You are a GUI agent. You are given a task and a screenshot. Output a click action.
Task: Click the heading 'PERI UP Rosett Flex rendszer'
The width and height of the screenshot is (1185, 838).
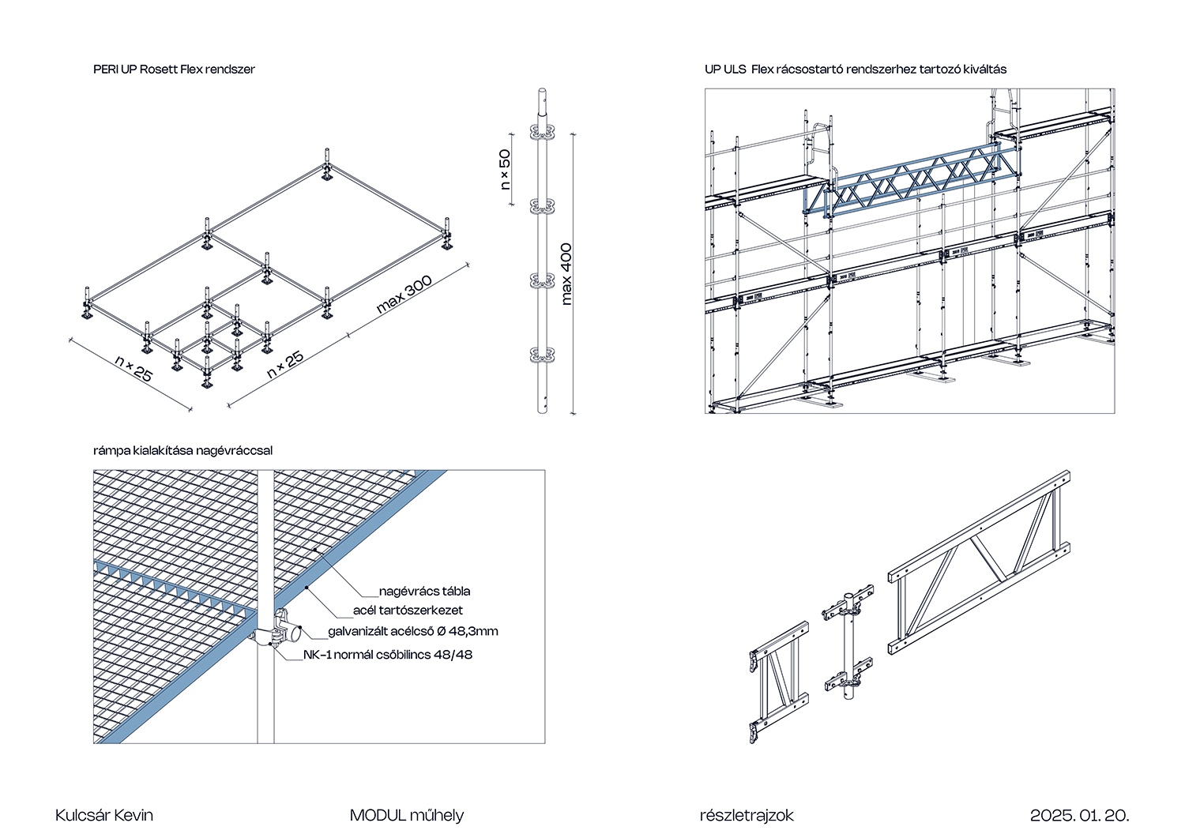click(x=174, y=70)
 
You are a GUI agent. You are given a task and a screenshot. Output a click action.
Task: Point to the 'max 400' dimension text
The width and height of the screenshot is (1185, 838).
click(x=566, y=274)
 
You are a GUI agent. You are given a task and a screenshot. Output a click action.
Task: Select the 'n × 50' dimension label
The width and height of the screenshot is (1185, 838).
click(x=505, y=169)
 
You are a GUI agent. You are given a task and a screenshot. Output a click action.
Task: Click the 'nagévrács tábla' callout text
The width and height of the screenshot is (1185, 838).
click(x=424, y=591)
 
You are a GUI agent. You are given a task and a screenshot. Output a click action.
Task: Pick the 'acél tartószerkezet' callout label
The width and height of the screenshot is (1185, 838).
click(x=408, y=611)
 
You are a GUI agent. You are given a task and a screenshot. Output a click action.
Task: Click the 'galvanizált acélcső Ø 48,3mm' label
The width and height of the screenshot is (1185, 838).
click(x=413, y=631)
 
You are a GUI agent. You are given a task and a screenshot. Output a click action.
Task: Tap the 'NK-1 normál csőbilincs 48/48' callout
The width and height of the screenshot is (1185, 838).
click(x=388, y=655)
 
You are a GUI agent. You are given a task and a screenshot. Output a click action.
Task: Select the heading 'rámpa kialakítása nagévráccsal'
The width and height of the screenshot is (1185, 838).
click(x=182, y=451)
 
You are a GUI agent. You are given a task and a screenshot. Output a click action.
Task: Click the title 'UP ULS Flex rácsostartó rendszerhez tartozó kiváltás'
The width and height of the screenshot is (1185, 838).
click(x=856, y=70)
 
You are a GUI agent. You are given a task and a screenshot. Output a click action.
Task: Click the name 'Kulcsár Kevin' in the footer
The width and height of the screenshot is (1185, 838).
click(x=104, y=815)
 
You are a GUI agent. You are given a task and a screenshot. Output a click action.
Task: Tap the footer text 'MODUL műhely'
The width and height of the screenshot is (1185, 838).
click(x=407, y=815)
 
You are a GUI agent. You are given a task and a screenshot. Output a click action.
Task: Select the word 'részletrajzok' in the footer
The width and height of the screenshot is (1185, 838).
click(x=747, y=815)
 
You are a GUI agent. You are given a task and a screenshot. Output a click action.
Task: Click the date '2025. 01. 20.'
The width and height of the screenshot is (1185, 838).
click(x=1080, y=815)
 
